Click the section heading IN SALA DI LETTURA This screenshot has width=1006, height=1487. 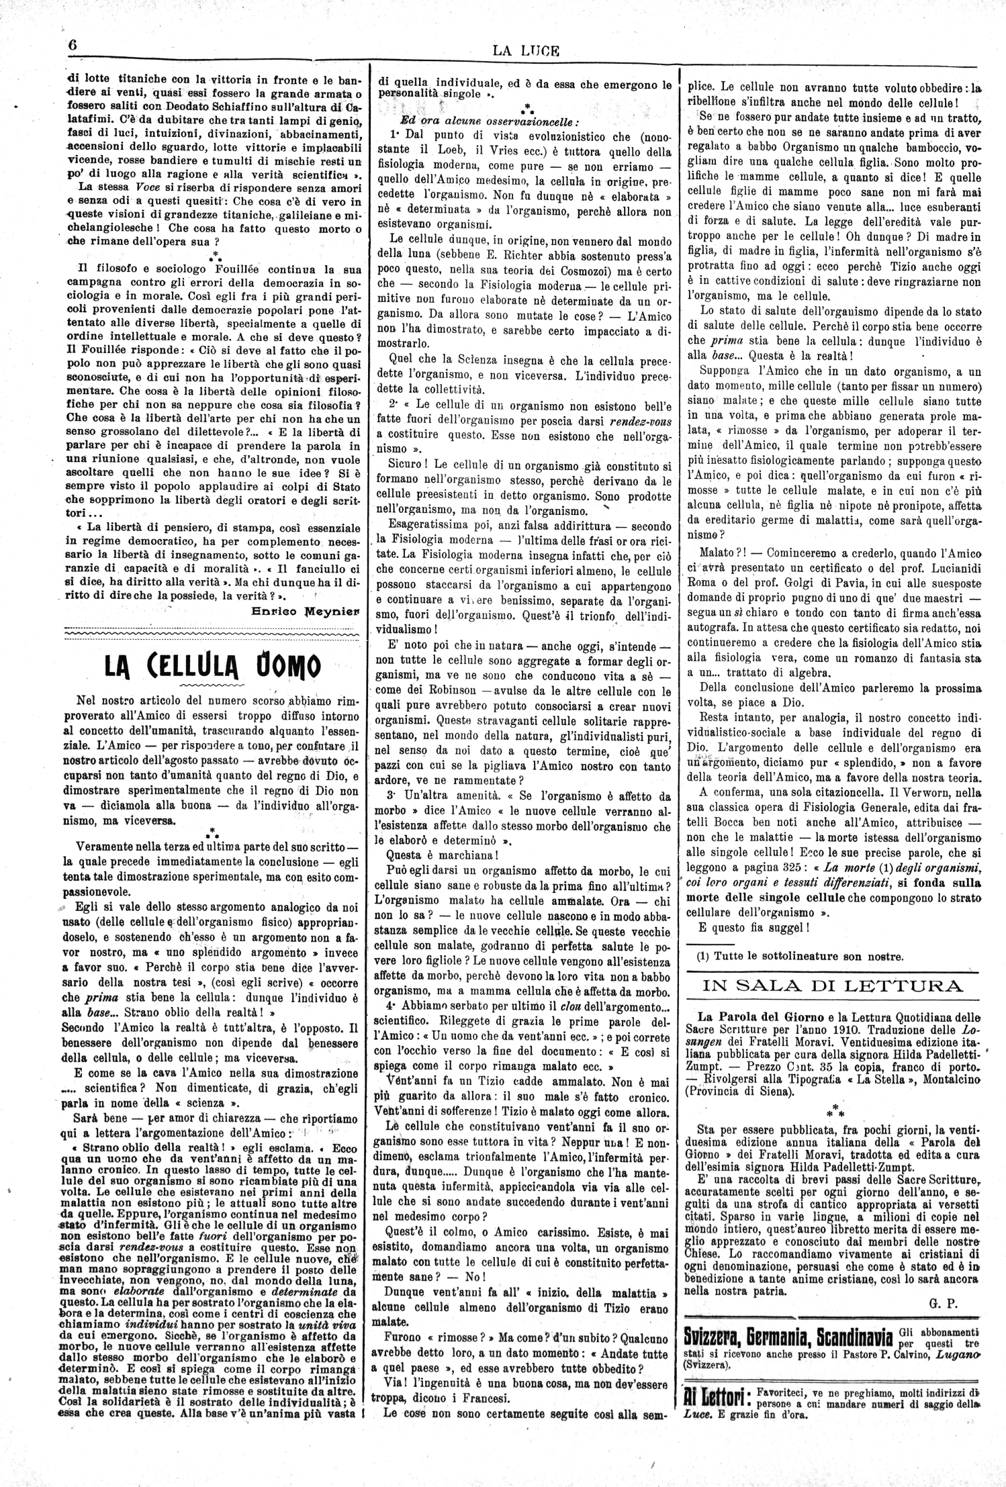point(832,986)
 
